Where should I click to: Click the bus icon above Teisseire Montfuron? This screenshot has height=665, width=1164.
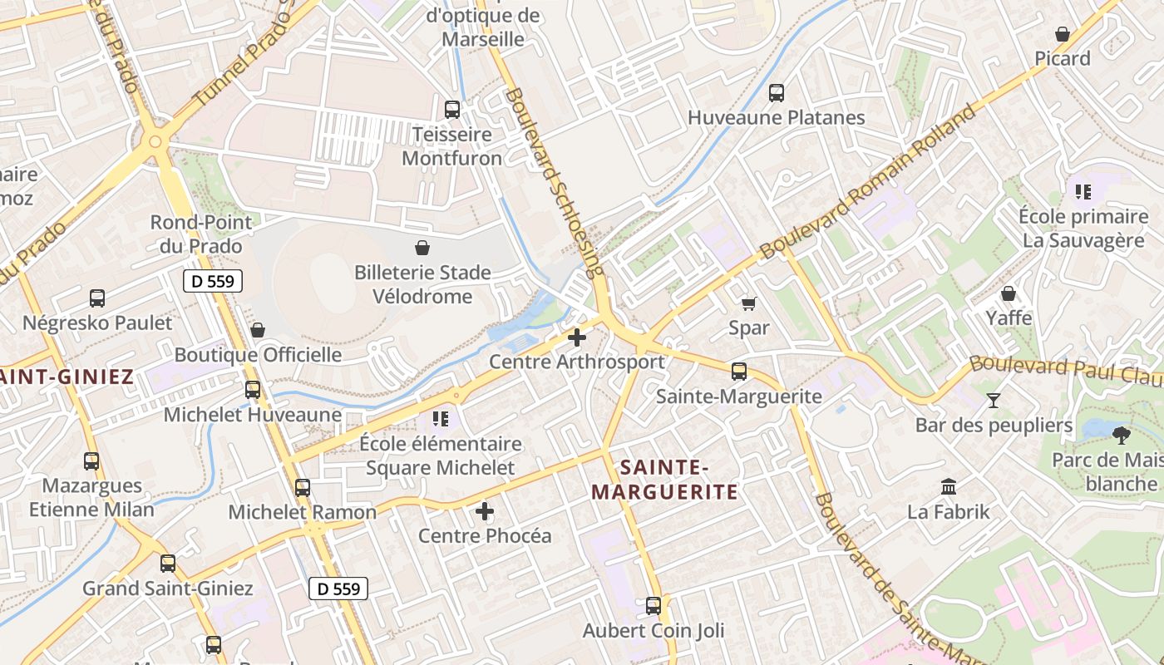(x=452, y=109)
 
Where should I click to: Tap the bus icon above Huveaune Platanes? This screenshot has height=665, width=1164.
(x=777, y=92)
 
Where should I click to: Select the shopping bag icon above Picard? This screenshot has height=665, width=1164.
(x=1063, y=34)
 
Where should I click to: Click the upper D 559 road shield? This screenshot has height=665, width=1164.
(x=213, y=281)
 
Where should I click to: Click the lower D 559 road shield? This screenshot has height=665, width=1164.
(x=339, y=589)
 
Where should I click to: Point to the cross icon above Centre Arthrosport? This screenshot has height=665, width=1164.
(x=576, y=337)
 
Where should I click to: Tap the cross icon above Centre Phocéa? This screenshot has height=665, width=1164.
(x=485, y=511)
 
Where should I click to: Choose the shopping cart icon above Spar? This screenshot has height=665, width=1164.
(x=748, y=303)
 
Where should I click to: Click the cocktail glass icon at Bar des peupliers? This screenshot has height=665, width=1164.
(x=994, y=401)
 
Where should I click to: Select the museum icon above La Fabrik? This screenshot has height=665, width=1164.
(x=949, y=486)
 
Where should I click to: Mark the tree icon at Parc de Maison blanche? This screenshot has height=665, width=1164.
(x=1122, y=434)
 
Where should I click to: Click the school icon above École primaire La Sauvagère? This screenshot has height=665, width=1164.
(x=1083, y=192)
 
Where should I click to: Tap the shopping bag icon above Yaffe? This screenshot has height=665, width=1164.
(x=1009, y=293)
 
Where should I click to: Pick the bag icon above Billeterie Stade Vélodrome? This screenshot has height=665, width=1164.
(x=422, y=248)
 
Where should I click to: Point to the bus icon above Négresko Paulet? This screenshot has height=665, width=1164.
(x=97, y=298)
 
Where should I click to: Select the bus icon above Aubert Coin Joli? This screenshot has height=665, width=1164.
(x=654, y=605)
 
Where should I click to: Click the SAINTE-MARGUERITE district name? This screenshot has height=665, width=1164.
(x=664, y=479)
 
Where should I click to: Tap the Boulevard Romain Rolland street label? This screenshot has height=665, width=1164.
(x=869, y=181)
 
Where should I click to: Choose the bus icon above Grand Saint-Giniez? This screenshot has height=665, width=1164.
(x=168, y=564)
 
